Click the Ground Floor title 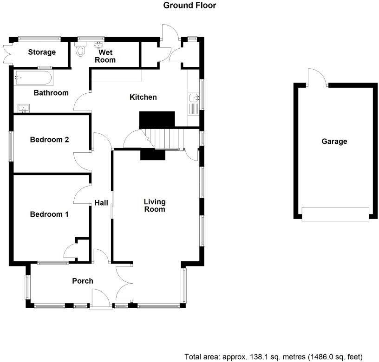189,6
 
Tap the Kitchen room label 143,97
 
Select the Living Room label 155,206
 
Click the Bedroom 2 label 49,139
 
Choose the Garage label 334,142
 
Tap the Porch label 82,281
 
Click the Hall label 101,203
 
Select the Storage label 42,52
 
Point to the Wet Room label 105,56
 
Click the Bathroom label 51,93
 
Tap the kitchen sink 194,97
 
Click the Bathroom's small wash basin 23,109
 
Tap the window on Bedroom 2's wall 11,146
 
